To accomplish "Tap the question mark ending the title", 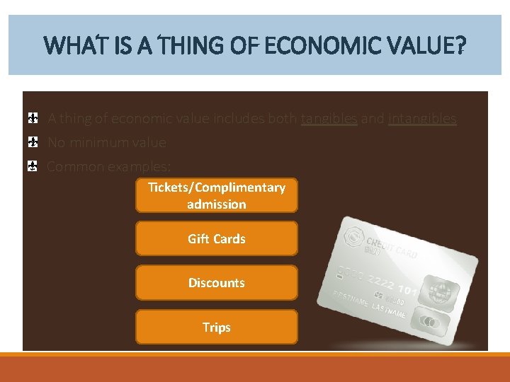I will click(x=461, y=47).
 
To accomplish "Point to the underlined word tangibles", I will click(x=329, y=119).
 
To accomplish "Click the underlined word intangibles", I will click(x=422, y=119).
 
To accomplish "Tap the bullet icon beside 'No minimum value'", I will click(x=33, y=142).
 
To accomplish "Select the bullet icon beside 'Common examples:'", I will click(x=33, y=167).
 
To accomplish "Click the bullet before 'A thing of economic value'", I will click(x=33, y=118).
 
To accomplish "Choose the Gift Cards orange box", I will click(x=217, y=239).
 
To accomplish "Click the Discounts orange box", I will click(x=217, y=283).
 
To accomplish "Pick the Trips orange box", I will click(x=217, y=328).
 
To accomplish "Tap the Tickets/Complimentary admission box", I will click(x=217, y=195).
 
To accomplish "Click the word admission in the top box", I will click(x=217, y=204).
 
